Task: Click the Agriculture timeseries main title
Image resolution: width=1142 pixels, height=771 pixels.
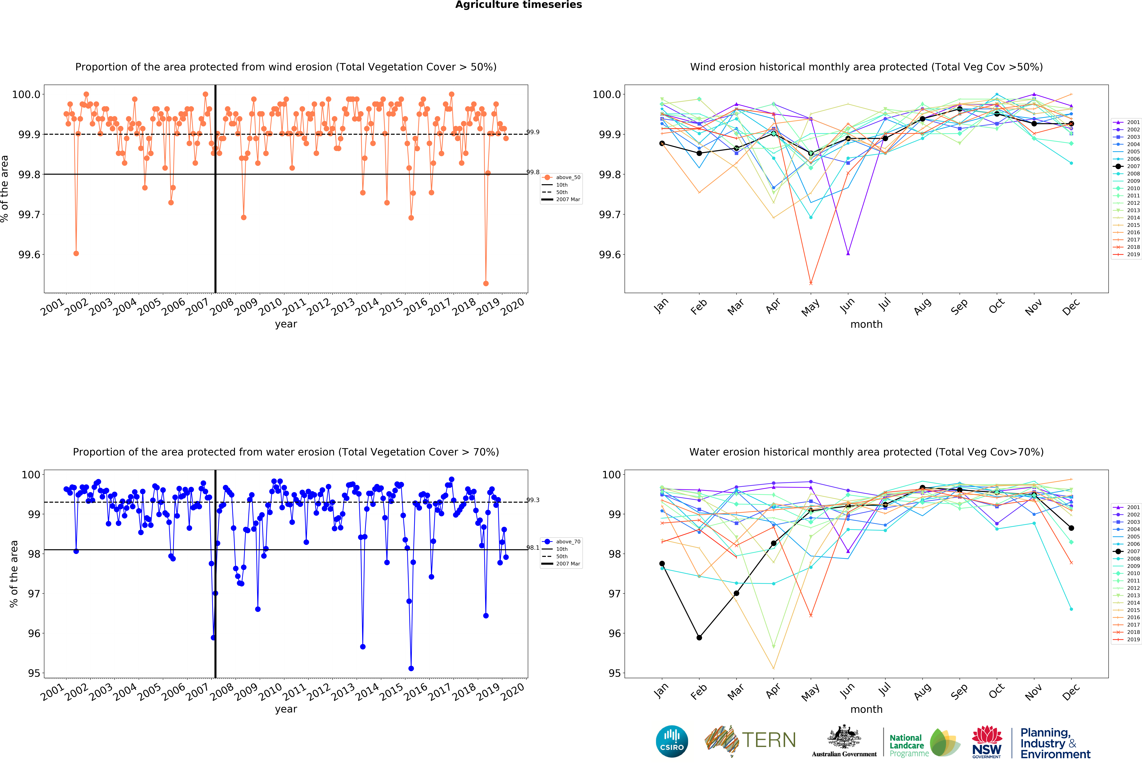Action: tap(518, 5)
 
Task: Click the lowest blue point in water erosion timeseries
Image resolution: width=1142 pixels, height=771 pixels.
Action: tap(411, 668)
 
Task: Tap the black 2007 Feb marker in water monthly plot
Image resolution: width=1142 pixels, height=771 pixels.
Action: tap(699, 637)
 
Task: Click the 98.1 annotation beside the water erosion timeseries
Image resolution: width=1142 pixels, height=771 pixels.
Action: tap(533, 548)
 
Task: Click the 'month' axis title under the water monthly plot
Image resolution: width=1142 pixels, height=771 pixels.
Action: tap(866, 709)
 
